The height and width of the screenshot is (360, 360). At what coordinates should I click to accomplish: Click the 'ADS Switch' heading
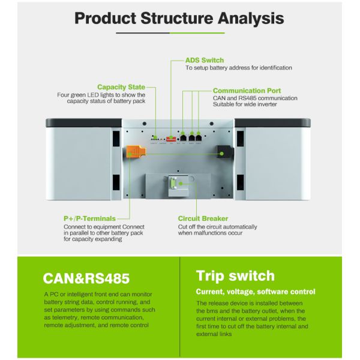click(205, 61)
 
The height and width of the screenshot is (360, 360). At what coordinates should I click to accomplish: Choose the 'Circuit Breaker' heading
click(203, 218)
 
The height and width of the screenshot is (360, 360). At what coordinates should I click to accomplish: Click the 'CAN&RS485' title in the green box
click(86, 278)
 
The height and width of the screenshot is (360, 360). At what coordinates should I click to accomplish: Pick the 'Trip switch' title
click(235, 276)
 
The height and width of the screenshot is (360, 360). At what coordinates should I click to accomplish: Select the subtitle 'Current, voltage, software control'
click(256, 292)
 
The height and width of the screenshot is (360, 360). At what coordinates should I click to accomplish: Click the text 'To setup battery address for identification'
click(238, 68)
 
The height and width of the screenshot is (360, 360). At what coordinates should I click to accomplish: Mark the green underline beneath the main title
click(179, 32)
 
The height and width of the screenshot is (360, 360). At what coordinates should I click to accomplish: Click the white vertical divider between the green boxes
click(181, 306)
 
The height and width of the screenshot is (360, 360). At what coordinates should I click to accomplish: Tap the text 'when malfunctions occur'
click(210, 233)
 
